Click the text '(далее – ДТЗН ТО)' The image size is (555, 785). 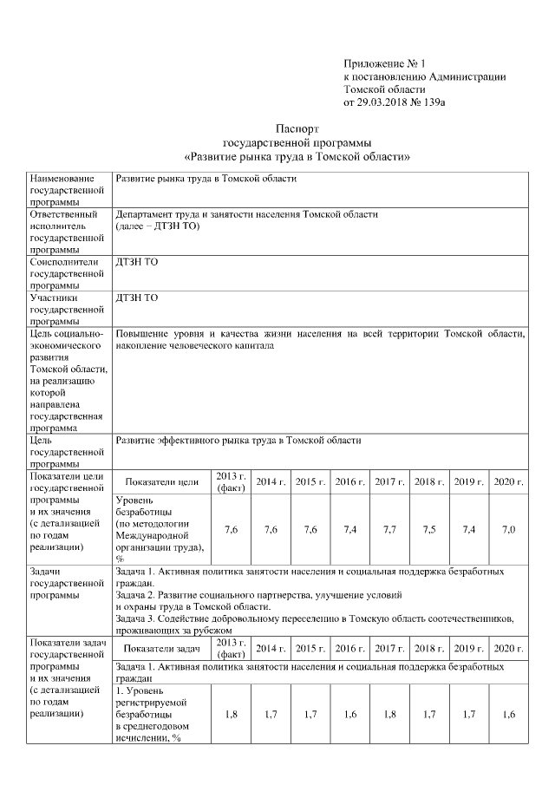[x=158, y=226]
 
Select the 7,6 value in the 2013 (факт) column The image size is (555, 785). [x=232, y=529]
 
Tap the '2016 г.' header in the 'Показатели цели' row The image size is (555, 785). [x=349, y=481]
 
